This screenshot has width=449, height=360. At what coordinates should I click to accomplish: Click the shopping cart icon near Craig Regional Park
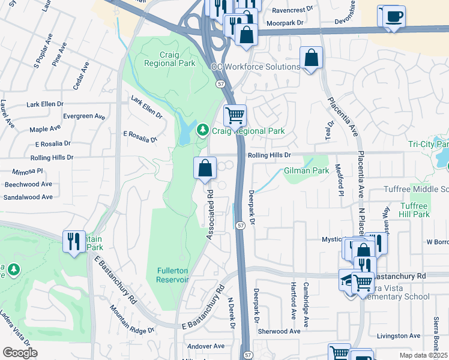[235, 113]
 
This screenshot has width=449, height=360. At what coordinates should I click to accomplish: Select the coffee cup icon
[394, 16]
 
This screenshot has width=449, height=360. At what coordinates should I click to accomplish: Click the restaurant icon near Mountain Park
[74, 242]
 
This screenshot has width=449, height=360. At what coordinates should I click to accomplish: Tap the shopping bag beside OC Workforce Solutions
[312, 58]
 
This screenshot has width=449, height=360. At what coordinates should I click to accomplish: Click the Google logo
[20, 353]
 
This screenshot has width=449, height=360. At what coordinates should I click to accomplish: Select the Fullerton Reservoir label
[173, 275]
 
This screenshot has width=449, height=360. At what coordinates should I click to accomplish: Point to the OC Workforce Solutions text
[255, 67]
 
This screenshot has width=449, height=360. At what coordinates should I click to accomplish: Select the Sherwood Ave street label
[279, 331]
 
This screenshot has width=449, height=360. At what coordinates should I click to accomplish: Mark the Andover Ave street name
[205, 346]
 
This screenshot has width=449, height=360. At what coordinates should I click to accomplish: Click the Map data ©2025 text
[423, 355]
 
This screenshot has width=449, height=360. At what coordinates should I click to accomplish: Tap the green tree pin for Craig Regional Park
[203, 130]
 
